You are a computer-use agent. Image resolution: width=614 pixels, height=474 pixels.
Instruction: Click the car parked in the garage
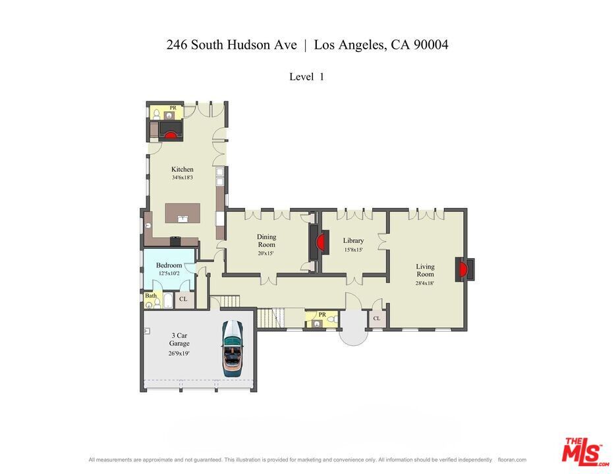pyautogui.click(x=232, y=348)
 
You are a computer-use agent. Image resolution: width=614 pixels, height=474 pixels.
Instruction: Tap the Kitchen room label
pyautogui.click(x=182, y=169)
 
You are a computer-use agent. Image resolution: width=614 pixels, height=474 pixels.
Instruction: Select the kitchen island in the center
pyautogui.click(x=182, y=213)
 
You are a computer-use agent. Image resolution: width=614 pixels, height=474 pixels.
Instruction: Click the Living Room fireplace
pyautogui.click(x=464, y=269)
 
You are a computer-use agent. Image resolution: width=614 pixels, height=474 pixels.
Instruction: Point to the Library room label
pyautogui.click(x=353, y=241)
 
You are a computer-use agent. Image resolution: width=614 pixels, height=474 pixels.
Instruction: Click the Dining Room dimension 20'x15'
pyautogui.click(x=266, y=253)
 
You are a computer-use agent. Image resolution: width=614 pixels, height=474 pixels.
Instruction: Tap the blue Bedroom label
pyautogui.click(x=169, y=265)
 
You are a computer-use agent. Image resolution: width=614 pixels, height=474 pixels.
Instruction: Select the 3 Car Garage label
pyautogui.click(x=179, y=339)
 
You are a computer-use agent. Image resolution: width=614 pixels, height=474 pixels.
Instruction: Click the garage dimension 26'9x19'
pyautogui.click(x=179, y=353)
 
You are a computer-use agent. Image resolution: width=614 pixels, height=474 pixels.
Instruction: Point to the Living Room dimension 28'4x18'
pyautogui.click(x=425, y=283)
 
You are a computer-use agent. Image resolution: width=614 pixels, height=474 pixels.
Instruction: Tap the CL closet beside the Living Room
pyautogui.click(x=377, y=319)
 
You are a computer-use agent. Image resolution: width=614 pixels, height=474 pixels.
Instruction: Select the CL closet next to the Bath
pyautogui.click(x=183, y=300)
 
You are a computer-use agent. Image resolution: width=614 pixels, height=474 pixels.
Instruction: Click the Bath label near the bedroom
pyautogui.click(x=152, y=296)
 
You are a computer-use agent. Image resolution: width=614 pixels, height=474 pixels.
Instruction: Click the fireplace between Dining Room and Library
pyautogui.click(x=321, y=243)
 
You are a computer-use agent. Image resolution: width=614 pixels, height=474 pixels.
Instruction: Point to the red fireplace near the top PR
pyautogui.click(x=171, y=135)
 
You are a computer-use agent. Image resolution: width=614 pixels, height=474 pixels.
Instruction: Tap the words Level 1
pyautogui.click(x=306, y=76)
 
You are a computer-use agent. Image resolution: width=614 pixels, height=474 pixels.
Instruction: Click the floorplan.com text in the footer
pyautogui.click(x=512, y=460)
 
